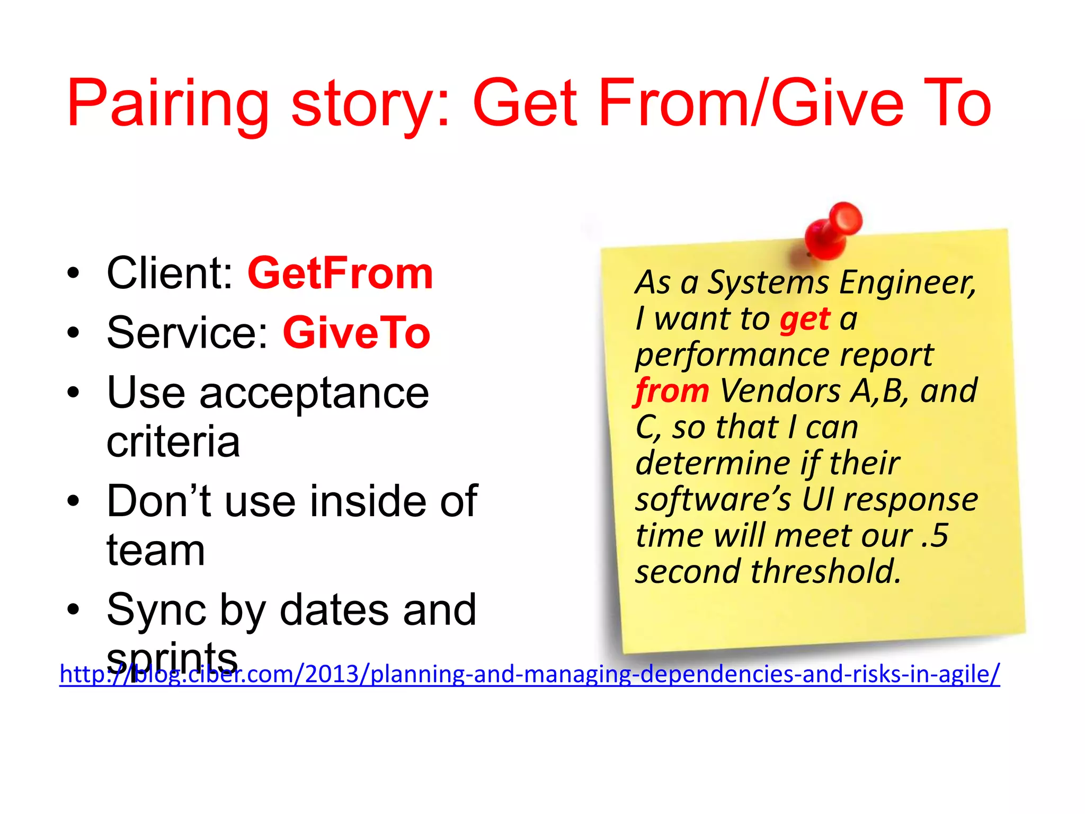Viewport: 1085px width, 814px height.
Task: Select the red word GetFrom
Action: coord(340,273)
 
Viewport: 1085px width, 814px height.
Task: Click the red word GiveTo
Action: coord(357,333)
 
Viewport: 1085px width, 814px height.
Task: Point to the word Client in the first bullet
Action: coord(169,273)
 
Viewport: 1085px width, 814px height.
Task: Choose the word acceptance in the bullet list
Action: coord(314,393)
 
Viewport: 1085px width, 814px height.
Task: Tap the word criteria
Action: coord(173,441)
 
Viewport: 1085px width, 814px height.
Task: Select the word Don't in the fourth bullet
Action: coord(159,501)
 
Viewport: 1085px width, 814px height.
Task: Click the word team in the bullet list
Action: coord(156,550)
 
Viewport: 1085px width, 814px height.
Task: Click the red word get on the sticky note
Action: coord(805,320)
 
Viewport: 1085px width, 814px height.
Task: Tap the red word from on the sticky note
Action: coord(672,391)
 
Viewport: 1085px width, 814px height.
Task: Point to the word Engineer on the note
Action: coord(907,282)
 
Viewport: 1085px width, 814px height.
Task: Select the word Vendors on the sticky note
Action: coord(780,391)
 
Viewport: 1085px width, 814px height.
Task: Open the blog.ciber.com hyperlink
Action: coord(530,674)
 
